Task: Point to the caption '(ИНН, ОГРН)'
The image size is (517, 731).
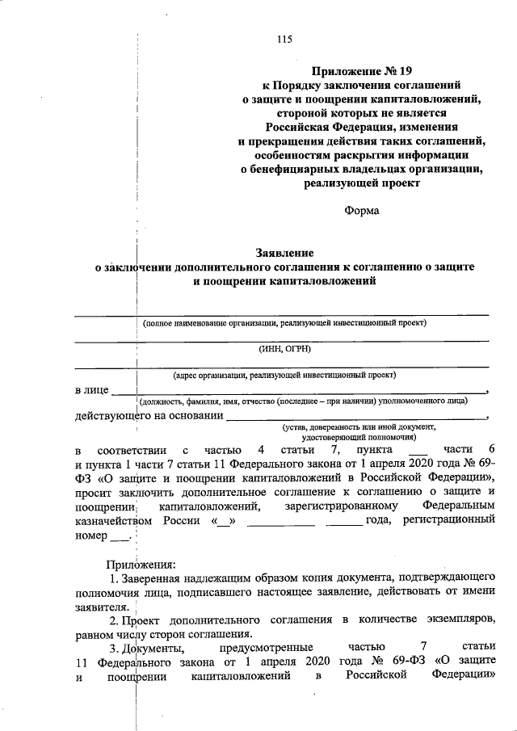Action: point(284,348)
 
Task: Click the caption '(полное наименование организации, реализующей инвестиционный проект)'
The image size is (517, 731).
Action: point(284,322)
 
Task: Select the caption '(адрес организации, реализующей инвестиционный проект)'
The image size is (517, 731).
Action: point(284,376)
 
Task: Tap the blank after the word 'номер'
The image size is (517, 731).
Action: point(118,536)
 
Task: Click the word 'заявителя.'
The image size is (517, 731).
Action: point(102,606)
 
